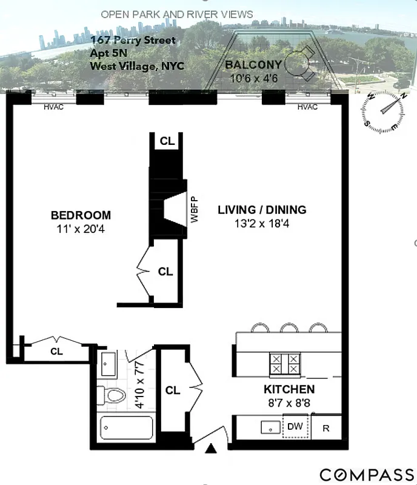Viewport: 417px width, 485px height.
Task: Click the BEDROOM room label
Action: pos(81,215)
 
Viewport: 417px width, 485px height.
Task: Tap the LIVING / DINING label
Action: pos(262,210)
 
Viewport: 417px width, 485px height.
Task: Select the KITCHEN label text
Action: pos(289,389)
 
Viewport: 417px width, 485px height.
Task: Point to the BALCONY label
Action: pos(253,65)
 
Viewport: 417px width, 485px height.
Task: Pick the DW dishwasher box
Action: pos(295,427)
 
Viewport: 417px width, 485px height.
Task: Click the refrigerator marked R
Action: pos(326,428)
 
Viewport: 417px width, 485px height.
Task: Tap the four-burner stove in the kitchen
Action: pos(285,363)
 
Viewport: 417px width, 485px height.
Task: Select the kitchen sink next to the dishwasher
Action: pos(270,427)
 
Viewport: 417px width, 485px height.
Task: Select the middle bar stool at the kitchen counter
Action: pos(289,328)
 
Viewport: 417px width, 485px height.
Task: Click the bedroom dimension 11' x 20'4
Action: pos(81,229)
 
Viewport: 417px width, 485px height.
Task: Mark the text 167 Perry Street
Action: pos(133,41)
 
